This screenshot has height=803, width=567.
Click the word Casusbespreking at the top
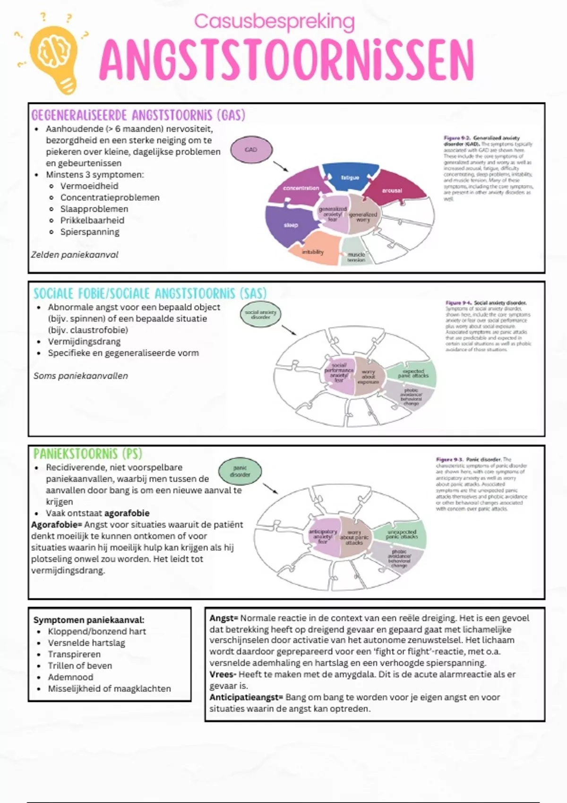pyautogui.click(x=274, y=22)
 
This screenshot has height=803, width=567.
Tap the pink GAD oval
pyautogui.click(x=251, y=150)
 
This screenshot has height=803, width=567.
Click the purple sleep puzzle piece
pyautogui.click(x=288, y=225)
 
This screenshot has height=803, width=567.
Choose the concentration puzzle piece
pyautogui.click(x=300, y=188)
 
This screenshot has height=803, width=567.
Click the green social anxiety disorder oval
pyautogui.click(x=260, y=315)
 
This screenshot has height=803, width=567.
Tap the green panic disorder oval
pyautogui.click(x=240, y=471)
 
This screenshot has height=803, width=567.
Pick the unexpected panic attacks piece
pyautogui.click(x=401, y=534)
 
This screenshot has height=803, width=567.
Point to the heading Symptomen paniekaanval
pyautogui.click(x=89, y=620)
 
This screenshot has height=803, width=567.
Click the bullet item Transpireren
pyautogui.click(x=74, y=654)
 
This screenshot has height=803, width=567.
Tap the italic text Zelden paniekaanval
pyautogui.click(x=75, y=255)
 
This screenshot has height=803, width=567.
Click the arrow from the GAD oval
pyautogui.click(x=281, y=166)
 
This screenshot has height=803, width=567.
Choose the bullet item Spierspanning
pyautogui.click(x=90, y=232)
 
